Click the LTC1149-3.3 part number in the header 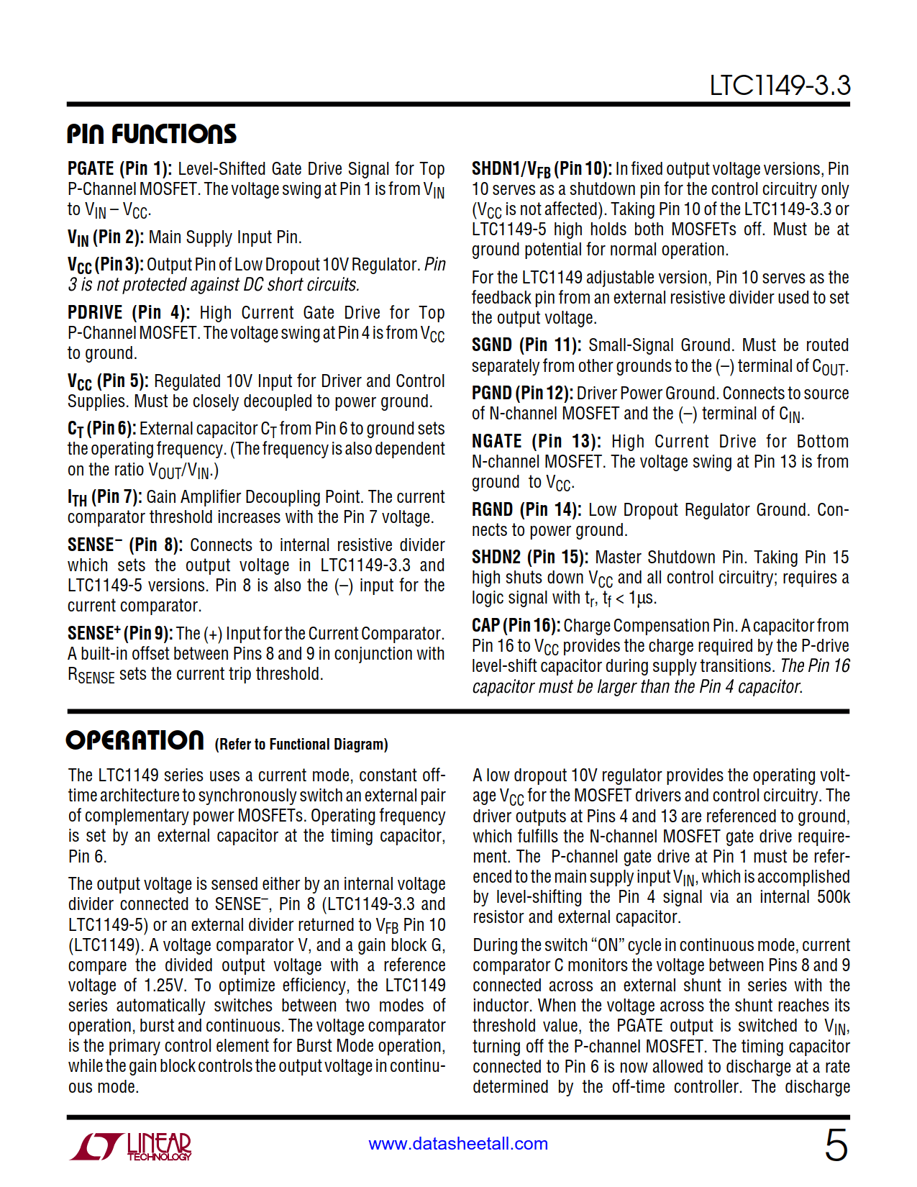780,86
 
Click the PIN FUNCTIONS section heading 152,134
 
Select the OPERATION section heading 135,740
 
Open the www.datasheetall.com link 458,1144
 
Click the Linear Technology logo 131,1146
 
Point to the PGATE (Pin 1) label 119,169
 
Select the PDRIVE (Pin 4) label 129,313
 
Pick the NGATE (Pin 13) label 536,442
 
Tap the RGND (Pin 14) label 526,510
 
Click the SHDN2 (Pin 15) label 530,558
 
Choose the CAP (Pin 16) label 516,626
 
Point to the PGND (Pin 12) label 522,394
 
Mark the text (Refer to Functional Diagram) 301,745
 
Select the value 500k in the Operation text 834,897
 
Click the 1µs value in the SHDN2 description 642,598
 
